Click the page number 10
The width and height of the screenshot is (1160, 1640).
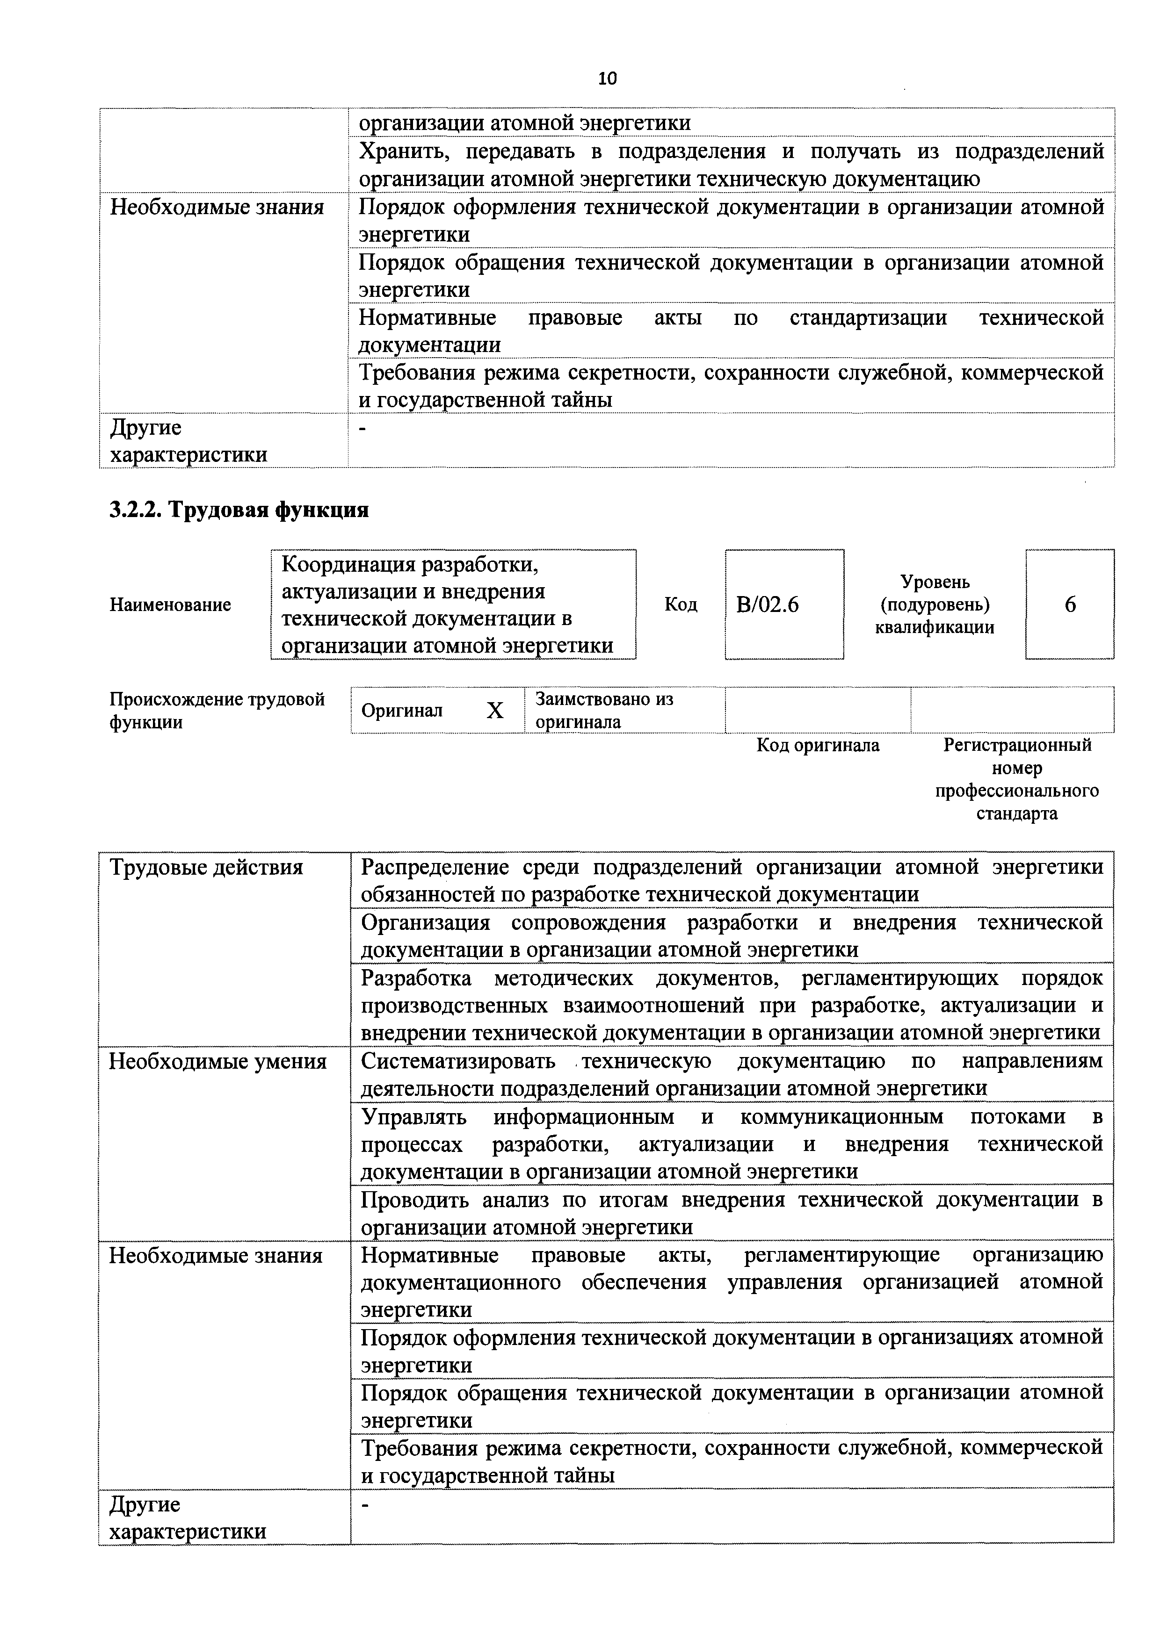(x=607, y=79)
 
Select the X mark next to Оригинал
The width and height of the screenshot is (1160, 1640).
(x=494, y=711)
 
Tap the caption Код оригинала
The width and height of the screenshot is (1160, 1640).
(x=818, y=746)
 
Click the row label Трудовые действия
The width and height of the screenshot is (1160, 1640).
(x=206, y=868)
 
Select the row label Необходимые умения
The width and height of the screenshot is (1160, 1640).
(x=217, y=1062)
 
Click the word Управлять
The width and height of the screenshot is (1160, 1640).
(x=414, y=1117)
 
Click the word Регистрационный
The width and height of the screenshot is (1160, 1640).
(x=1017, y=745)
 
